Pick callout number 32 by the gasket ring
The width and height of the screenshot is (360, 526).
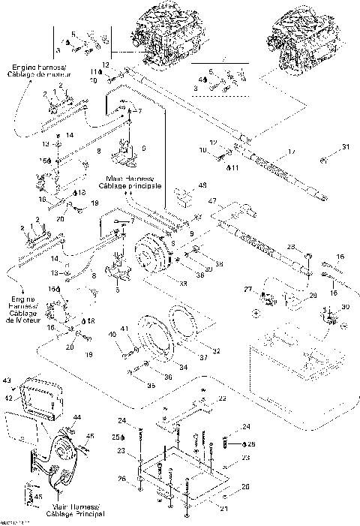pyautogui.click(x=217, y=350)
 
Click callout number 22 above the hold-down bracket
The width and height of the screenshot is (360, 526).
pyautogui.click(x=222, y=398)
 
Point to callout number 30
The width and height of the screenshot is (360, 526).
pyautogui.click(x=345, y=306)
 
